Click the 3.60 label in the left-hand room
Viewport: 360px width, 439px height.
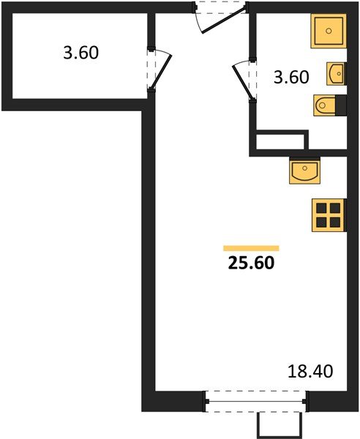(x=80, y=53)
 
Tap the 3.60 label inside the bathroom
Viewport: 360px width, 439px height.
(x=290, y=77)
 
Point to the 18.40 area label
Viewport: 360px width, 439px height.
(x=311, y=372)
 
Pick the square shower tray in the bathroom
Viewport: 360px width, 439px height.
(x=329, y=31)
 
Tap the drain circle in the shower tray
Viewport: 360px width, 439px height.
(x=329, y=31)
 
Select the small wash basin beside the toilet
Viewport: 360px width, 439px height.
(x=337, y=74)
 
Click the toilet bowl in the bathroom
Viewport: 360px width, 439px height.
(x=323, y=106)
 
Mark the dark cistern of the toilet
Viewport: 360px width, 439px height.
(x=340, y=105)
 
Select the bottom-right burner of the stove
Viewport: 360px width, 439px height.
(x=335, y=221)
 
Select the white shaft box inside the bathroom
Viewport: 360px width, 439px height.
(x=280, y=141)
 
